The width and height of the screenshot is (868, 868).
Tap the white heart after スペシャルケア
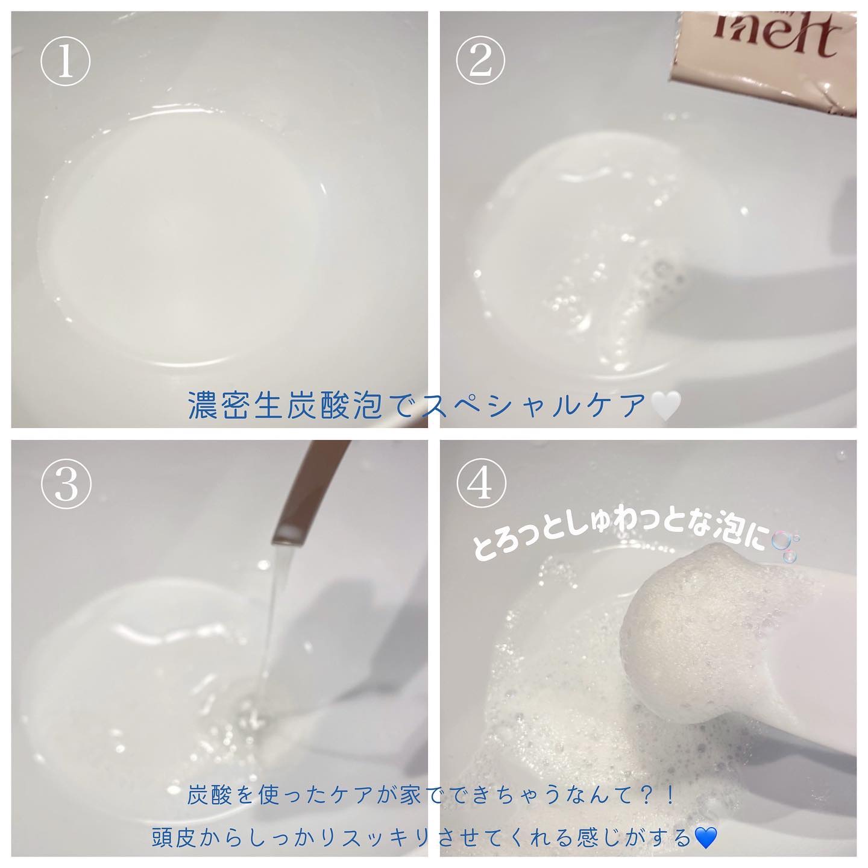coord(665,406)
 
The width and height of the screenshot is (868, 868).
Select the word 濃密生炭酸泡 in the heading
coord(286,406)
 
